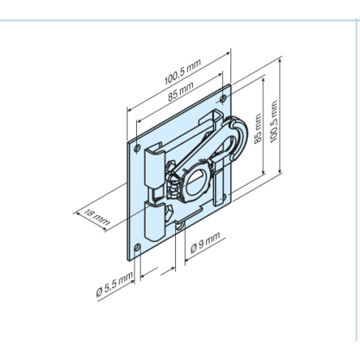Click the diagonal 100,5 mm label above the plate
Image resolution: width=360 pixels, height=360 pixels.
(182, 72)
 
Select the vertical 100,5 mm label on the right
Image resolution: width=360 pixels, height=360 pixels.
(274, 122)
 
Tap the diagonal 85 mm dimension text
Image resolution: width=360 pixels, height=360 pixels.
(181, 92)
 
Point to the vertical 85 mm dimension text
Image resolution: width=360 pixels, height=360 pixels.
(258, 129)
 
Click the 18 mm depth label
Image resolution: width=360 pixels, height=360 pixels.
(96, 217)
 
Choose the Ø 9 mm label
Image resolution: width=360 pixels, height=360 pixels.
(205, 242)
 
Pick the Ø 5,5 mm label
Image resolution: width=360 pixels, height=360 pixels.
(114, 284)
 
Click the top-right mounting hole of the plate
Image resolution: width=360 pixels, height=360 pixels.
(223, 99)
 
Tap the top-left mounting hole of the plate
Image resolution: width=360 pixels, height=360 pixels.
(137, 148)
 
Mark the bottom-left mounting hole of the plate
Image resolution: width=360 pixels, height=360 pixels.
(137, 248)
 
